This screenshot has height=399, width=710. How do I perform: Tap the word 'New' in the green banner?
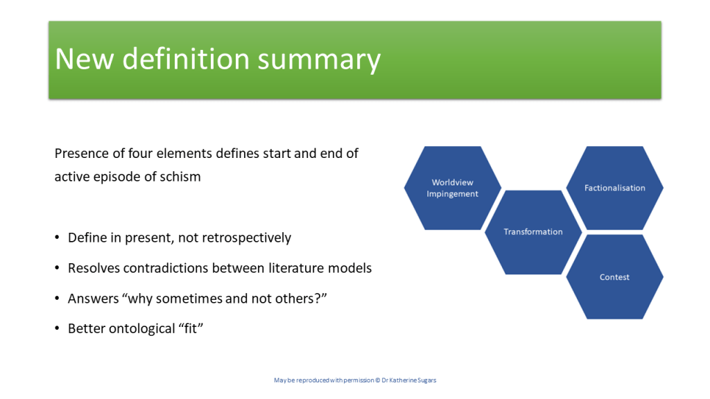point(84,59)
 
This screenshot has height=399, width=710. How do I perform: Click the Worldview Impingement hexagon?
point(452,188)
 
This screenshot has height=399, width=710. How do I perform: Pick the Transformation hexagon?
point(533,232)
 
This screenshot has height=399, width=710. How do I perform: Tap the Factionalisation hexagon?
point(614,188)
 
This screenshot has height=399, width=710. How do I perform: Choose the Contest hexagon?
point(614,277)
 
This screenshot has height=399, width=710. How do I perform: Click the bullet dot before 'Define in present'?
point(57,238)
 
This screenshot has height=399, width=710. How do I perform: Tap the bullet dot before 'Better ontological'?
point(57,328)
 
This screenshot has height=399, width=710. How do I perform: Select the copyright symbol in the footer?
point(378,380)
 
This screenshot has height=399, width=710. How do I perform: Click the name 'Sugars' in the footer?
point(427,380)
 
